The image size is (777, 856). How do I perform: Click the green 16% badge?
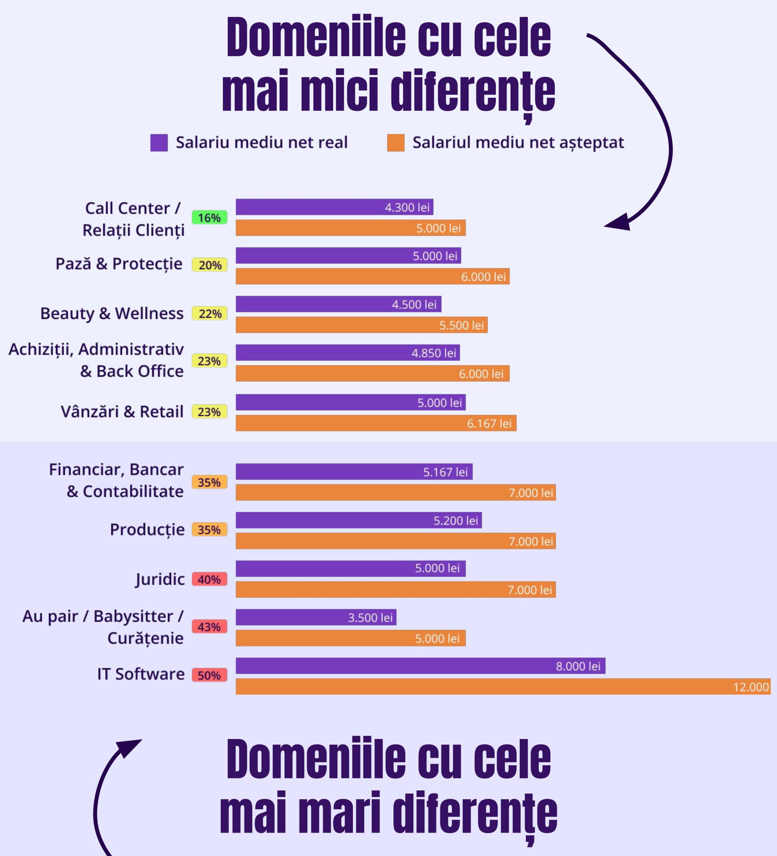[x=210, y=217]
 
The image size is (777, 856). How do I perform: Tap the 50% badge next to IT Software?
[x=210, y=675]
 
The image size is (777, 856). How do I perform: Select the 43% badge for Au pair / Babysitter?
[x=210, y=626]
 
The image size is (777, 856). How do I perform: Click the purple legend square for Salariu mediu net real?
[x=159, y=143]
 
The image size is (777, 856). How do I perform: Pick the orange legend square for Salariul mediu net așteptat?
[x=395, y=143]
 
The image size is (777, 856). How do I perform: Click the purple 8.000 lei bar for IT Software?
[x=420, y=666]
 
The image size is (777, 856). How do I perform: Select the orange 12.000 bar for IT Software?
[x=503, y=686]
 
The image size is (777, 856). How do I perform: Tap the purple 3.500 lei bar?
[x=316, y=617]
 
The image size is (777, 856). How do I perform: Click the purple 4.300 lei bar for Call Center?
[x=335, y=207]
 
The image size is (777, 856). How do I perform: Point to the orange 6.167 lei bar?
[x=376, y=423]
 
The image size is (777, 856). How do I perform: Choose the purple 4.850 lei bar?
[x=348, y=352]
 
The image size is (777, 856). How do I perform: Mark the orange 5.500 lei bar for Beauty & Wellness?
[x=362, y=325]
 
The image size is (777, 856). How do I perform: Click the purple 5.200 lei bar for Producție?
[x=359, y=520]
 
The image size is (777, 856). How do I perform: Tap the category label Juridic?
[x=160, y=579]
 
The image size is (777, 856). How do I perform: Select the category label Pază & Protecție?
[x=119, y=264]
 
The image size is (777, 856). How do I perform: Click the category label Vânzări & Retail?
[x=122, y=411]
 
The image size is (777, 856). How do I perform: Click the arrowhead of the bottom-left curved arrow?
[x=129, y=749]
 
